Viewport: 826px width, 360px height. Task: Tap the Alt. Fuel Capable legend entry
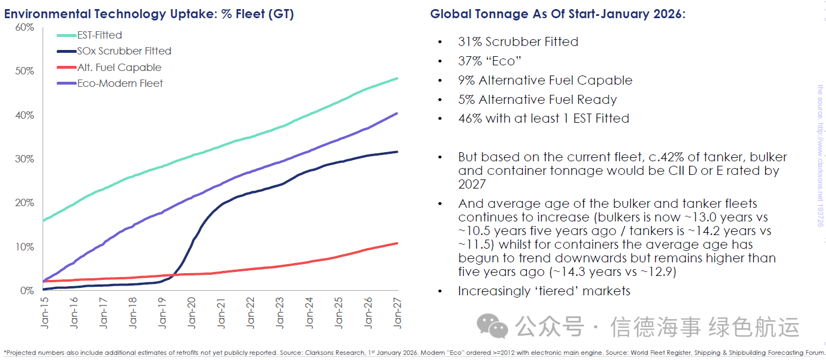119,68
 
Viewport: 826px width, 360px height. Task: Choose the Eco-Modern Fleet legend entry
120,83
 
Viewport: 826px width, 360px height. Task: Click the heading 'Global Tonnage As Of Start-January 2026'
557,14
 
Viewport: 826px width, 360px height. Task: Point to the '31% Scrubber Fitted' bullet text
518,41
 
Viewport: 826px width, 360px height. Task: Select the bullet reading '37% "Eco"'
489,61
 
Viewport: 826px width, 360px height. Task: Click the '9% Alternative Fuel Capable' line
545,80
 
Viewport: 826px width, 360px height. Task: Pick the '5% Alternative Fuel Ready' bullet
537,99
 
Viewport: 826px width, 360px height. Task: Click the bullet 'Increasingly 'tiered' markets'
544,291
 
